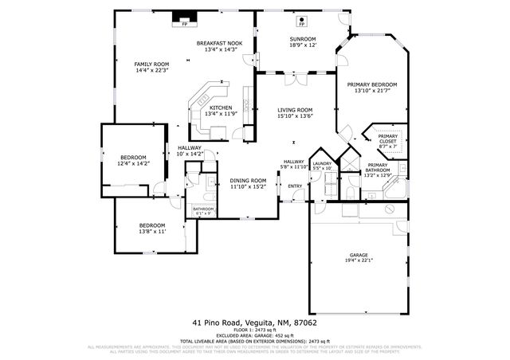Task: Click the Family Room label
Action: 151,67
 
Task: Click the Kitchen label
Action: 221,111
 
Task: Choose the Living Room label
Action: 294,113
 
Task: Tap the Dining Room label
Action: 248,184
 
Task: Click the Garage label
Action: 359,257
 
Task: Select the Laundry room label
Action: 322,166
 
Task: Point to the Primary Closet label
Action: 387,141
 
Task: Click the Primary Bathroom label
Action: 378,167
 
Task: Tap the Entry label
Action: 295,186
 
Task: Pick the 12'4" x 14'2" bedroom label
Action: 133,159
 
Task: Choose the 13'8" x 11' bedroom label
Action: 151,229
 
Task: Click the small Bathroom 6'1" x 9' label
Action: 204,211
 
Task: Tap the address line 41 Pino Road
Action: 254,323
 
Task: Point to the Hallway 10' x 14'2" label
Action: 190,151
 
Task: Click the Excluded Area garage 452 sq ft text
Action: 254,335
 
